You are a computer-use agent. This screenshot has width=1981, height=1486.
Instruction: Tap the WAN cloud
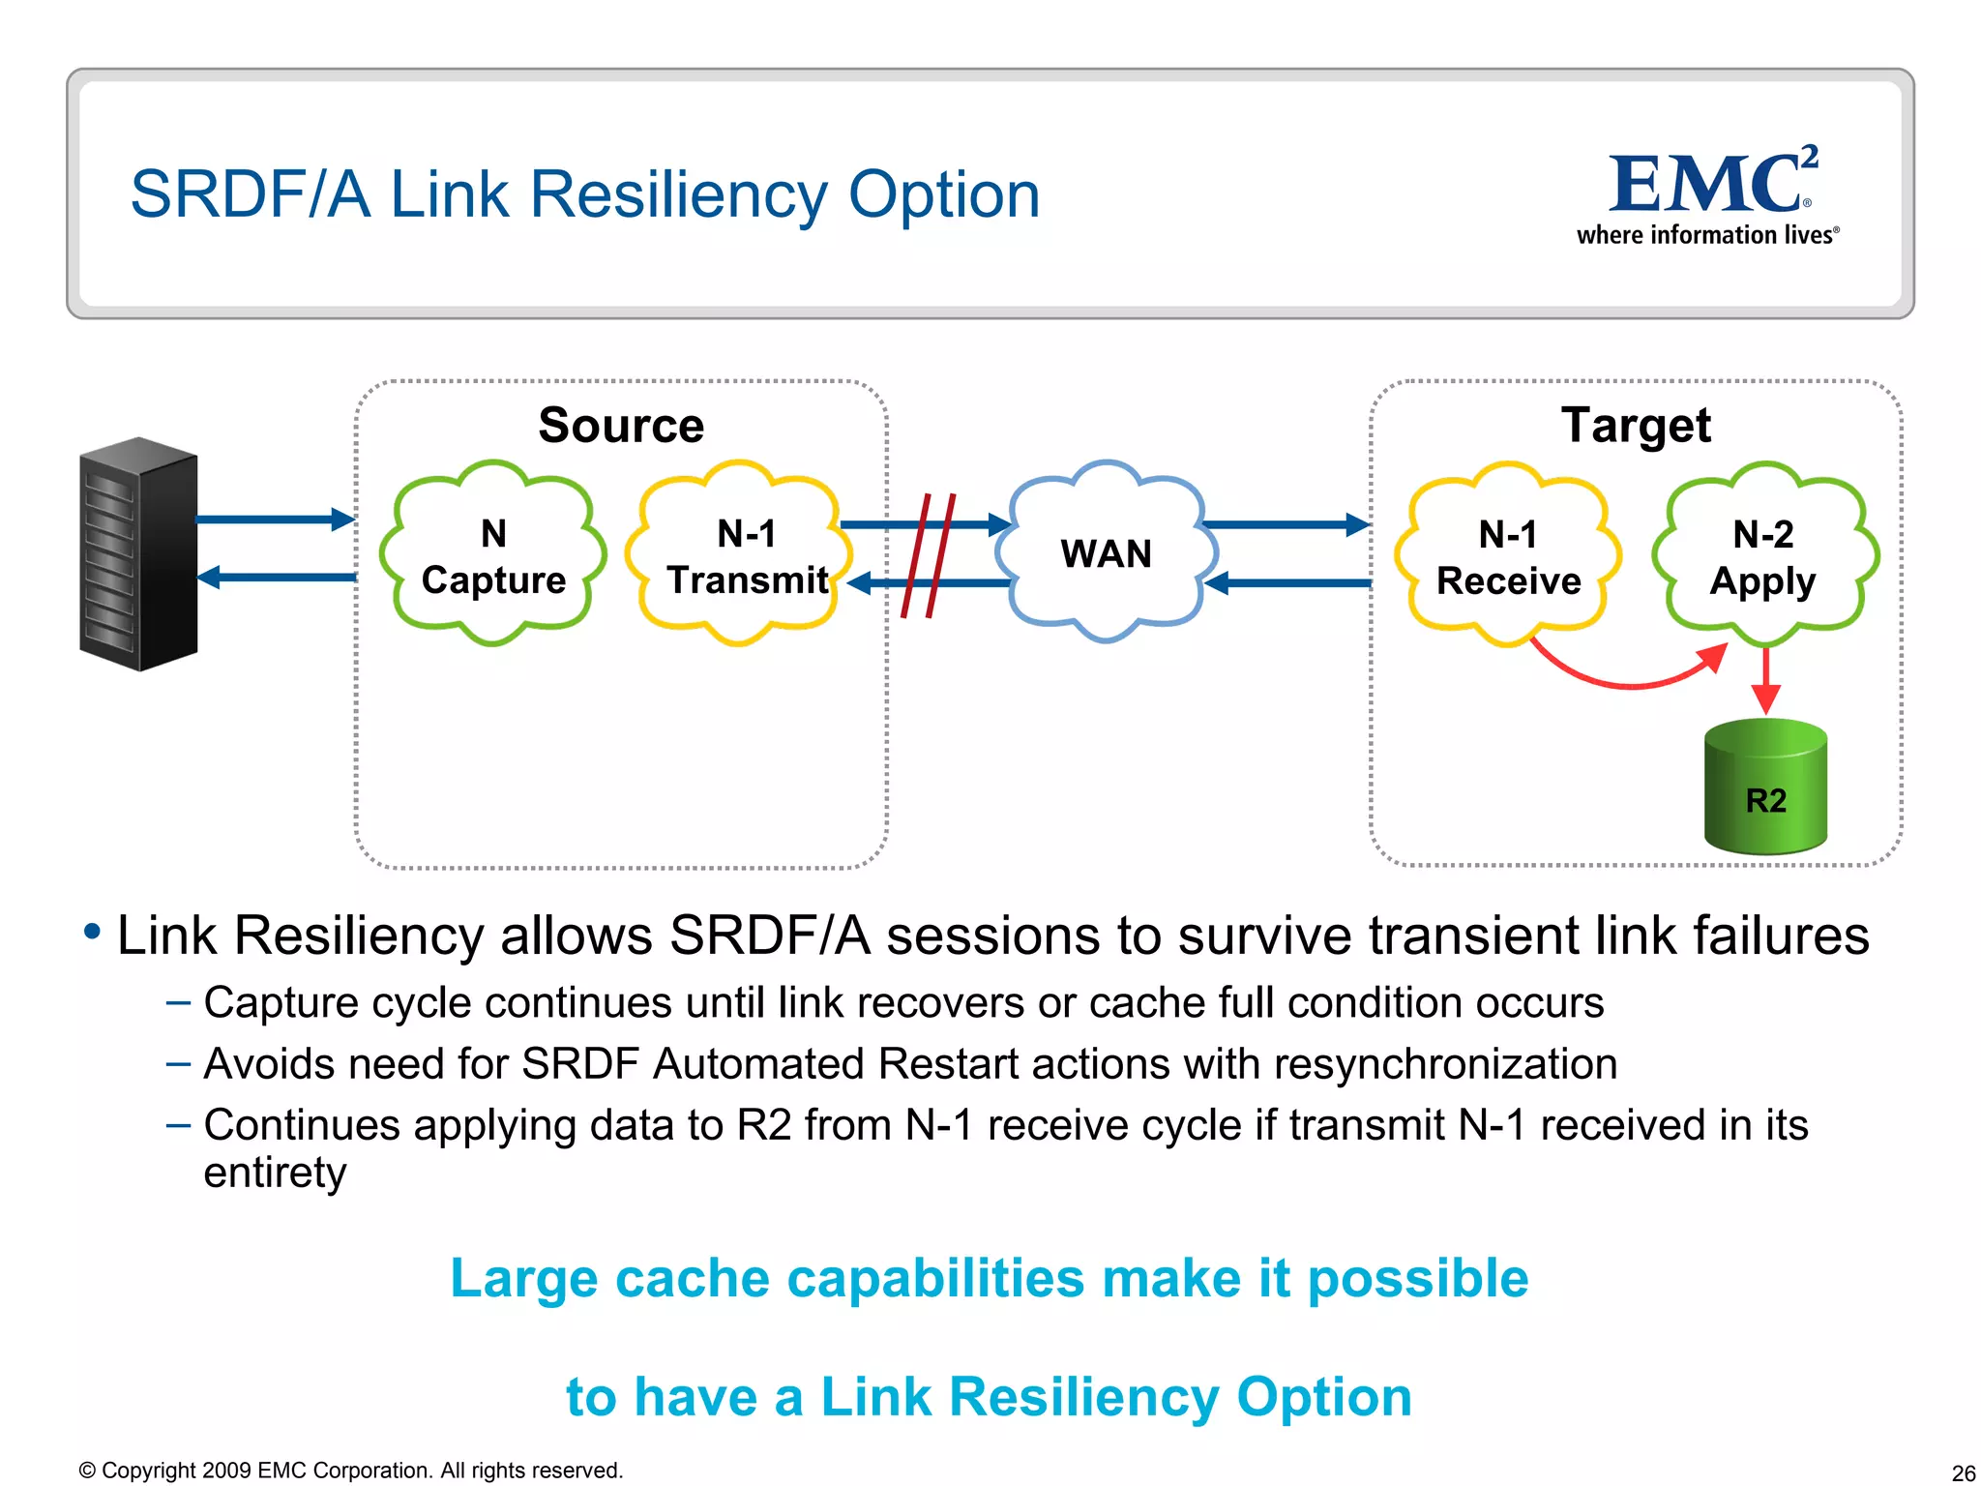1106,552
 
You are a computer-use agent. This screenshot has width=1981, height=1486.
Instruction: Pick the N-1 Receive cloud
1507,556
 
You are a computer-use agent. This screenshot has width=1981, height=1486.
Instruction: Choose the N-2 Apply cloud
1764,556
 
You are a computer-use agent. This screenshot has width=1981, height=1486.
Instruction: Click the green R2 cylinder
1765,788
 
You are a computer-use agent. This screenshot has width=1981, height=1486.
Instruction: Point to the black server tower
138,553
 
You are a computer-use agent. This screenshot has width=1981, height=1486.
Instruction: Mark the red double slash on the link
928,555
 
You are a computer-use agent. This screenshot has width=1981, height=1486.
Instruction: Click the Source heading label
621,426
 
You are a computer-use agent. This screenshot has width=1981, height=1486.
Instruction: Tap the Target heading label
1636,426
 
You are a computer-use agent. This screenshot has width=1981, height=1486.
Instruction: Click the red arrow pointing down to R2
1766,682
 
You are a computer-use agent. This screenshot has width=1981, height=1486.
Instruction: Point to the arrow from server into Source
276,520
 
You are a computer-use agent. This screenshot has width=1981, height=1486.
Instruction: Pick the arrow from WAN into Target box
1286,524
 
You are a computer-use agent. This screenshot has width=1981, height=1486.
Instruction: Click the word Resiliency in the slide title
677,195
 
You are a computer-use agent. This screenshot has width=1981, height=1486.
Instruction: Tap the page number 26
1963,1472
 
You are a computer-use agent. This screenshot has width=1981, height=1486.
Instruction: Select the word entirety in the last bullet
275,1174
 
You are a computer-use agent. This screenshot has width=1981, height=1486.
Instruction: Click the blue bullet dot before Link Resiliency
93,932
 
